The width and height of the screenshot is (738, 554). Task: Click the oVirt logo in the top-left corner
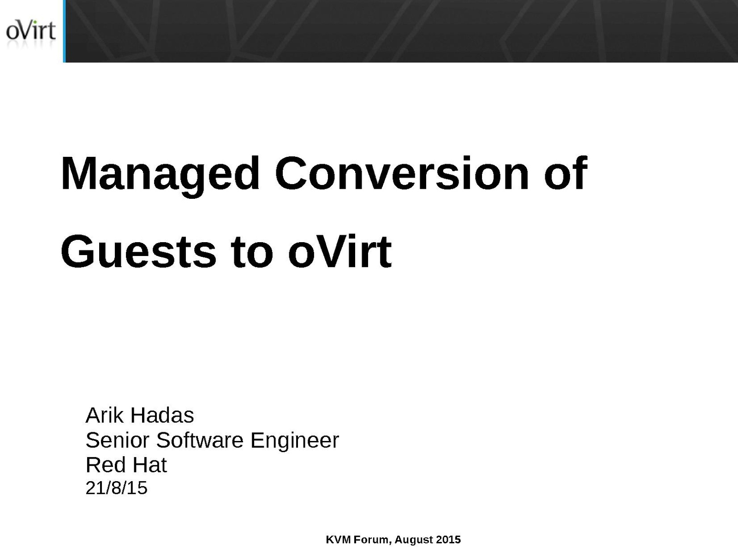pos(31,30)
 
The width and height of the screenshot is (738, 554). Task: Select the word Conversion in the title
pos(402,173)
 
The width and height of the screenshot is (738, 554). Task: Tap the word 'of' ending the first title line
pos(565,173)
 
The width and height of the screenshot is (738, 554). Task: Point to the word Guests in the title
pos(138,251)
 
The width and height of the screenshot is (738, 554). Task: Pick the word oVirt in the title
pos(340,251)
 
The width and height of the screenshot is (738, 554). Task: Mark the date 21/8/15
pos(116,488)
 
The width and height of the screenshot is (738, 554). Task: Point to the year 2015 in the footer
pos(448,540)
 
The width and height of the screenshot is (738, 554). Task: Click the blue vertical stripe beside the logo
pos(64,31)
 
